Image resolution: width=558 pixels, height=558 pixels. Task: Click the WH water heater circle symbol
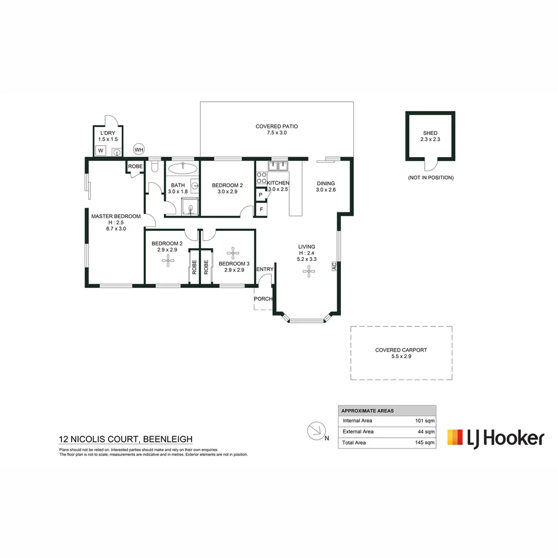(139, 149)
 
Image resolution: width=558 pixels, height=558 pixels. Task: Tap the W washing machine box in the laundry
(101, 151)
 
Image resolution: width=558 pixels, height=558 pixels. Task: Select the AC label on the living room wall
(334, 266)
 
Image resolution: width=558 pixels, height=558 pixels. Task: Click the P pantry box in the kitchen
(260, 195)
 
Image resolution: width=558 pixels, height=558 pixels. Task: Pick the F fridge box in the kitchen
(261, 209)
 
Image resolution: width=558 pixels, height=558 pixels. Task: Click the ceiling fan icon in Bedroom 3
(234, 253)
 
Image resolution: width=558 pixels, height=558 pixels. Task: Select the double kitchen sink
(277, 166)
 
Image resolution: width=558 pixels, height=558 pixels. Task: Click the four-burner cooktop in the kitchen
(261, 178)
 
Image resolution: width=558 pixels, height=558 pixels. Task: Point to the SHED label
(430, 133)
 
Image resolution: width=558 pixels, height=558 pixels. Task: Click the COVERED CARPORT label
(401, 350)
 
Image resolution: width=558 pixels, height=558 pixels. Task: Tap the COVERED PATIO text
(276, 126)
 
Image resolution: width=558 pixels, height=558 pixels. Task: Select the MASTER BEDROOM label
(116, 216)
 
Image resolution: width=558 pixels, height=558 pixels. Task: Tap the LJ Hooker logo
(495, 437)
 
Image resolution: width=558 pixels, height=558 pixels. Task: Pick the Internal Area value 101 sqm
(425, 421)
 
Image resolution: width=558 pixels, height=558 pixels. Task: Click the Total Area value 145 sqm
(425, 443)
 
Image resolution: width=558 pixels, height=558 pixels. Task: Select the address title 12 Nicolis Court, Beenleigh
(126, 440)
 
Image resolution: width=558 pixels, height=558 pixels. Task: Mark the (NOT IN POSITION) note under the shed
(430, 178)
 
